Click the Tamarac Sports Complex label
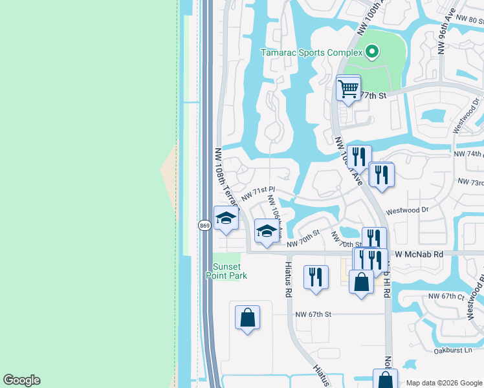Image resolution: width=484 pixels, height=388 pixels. [310, 52]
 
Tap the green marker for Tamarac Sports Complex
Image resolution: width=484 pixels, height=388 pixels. [371, 52]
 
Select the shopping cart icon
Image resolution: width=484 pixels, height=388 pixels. [348, 88]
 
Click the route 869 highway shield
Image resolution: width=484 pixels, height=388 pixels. [204, 225]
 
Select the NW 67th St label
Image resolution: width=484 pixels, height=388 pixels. [313, 314]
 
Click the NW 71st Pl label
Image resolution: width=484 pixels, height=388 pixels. [259, 192]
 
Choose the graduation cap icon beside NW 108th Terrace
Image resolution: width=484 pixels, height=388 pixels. [226, 218]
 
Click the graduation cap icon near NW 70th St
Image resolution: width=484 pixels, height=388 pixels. [267, 231]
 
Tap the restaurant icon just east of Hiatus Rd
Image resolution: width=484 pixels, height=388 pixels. [316, 277]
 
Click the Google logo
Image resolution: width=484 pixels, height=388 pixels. [21, 380]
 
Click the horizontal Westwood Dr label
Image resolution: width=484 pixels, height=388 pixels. [407, 211]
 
